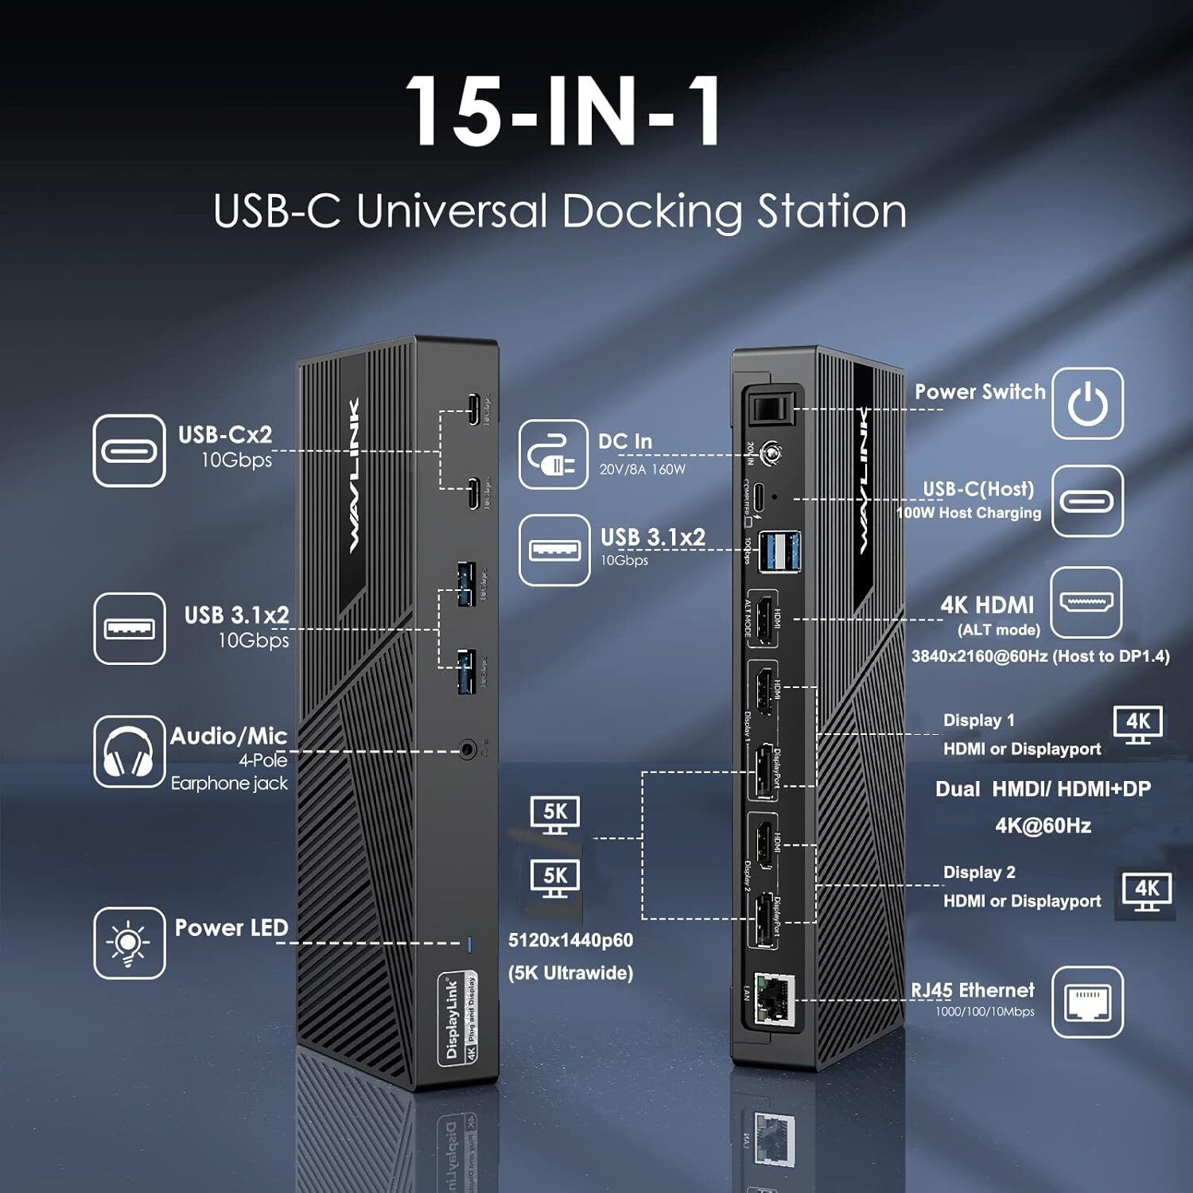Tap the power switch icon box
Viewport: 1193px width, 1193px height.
tap(1087, 403)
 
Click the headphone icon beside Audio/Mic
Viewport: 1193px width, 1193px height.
tap(129, 752)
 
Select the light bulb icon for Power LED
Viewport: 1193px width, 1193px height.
tap(129, 943)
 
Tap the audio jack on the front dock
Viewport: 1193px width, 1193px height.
tap(469, 749)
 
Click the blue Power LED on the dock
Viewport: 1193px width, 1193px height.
tap(469, 944)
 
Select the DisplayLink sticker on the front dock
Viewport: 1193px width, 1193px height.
tap(458, 1019)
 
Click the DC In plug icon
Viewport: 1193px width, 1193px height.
tap(554, 455)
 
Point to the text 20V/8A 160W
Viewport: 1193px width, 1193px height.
tap(642, 469)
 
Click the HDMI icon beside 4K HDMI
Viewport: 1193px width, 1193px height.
tap(1086, 603)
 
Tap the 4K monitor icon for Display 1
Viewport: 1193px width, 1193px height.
tap(1137, 724)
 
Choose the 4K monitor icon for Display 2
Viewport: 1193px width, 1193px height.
tap(1145, 892)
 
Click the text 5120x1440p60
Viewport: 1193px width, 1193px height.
tap(570, 940)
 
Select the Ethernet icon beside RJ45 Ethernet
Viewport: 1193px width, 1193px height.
tap(1087, 1002)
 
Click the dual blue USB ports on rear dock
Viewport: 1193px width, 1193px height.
tap(779, 551)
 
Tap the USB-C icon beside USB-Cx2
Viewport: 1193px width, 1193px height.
tap(129, 450)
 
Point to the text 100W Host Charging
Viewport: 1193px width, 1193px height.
tap(969, 513)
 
